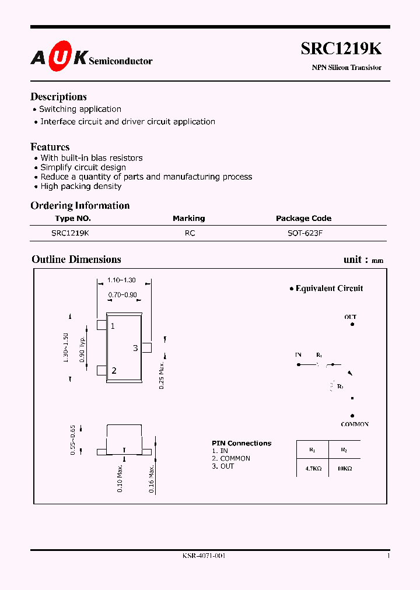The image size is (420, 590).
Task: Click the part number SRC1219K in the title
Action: pos(341,49)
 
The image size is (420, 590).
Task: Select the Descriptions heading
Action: pos(58,97)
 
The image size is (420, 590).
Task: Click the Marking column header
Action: pos(188,219)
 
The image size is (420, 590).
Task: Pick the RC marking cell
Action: pos(190,233)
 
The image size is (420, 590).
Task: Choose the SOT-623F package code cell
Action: pos(303,233)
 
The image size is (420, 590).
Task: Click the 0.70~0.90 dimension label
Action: pos(123,295)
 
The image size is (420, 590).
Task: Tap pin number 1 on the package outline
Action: pos(113,326)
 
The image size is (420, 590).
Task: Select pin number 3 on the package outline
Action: pos(135,348)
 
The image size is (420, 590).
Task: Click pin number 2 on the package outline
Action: pos(114,370)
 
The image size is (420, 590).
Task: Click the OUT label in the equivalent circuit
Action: pos(350,318)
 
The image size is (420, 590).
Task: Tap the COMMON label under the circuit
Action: pos(355,424)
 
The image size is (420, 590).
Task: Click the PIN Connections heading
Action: pos(242,444)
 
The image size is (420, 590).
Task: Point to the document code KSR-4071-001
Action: pos(204,556)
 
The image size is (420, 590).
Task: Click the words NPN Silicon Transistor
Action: pos(346,68)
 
